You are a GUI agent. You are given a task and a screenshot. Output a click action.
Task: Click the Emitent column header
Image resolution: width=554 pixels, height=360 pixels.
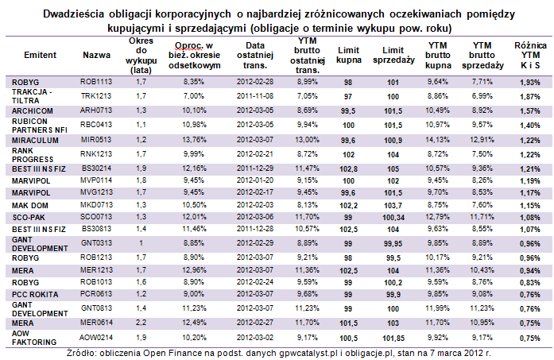(x=40, y=55)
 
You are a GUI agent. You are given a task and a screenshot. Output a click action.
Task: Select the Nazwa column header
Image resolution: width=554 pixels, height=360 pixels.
(x=96, y=55)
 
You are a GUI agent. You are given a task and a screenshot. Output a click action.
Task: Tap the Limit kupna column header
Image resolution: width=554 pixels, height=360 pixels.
(x=349, y=55)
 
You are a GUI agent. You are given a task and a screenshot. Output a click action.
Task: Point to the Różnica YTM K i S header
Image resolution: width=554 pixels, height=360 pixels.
(x=530, y=55)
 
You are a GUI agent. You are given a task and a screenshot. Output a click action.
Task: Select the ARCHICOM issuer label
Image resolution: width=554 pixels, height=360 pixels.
(x=33, y=111)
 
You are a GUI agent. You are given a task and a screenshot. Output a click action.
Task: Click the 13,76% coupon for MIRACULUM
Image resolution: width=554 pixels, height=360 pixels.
(x=194, y=140)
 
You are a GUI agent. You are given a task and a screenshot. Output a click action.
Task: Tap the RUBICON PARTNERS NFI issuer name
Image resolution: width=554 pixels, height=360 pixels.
(x=40, y=126)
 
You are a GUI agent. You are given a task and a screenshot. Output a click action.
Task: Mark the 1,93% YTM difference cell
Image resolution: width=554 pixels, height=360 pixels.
(x=530, y=83)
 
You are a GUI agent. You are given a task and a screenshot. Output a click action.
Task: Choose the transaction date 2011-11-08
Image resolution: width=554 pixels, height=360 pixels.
(x=255, y=96)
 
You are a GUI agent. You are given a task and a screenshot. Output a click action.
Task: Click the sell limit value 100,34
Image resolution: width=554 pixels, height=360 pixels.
(x=393, y=218)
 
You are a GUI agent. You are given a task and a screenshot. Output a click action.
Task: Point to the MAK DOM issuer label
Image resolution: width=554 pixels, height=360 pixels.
(x=30, y=206)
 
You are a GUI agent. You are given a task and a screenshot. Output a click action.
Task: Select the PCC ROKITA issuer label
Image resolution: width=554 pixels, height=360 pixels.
(x=35, y=295)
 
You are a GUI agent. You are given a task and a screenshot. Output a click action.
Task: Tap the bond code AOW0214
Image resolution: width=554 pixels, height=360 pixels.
(x=96, y=338)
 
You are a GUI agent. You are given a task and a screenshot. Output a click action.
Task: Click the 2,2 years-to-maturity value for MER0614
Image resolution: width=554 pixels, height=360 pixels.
(x=141, y=323)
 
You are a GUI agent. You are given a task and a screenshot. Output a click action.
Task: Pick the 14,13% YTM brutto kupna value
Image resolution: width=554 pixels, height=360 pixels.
(x=437, y=140)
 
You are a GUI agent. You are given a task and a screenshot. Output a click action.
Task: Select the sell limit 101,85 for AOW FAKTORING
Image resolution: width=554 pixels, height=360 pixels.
(x=393, y=338)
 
